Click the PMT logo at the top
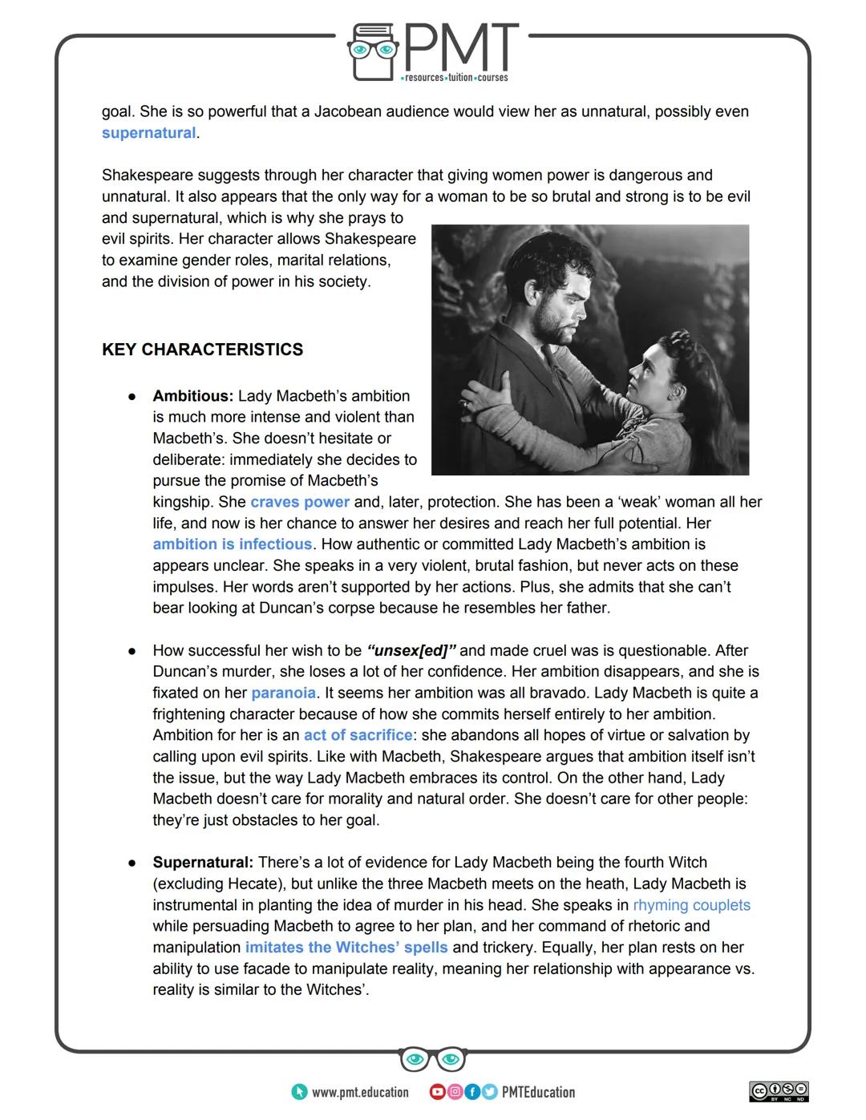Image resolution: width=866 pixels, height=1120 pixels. coord(433,53)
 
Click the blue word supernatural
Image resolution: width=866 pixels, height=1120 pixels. coord(148,133)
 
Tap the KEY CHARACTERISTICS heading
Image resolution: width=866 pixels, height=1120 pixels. coord(202,350)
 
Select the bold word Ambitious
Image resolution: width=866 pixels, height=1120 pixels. coord(192,396)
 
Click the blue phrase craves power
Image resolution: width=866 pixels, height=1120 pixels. coord(300,502)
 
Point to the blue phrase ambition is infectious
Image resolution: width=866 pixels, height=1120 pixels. coord(232,544)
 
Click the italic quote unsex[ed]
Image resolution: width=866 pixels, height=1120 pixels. coord(411,650)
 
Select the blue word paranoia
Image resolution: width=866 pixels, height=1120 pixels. coord(284,693)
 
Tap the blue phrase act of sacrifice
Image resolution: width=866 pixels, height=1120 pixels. coord(358,735)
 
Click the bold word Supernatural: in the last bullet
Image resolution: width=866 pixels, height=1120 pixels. coord(203,863)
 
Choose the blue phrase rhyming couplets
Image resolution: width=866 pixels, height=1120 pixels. coord(691,905)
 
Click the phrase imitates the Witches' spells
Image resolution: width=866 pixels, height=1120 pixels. coord(346,948)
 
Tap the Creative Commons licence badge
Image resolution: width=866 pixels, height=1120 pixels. coord(779,1091)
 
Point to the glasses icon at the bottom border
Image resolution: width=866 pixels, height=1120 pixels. coord(433,1059)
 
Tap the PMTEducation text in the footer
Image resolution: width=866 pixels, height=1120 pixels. coord(538,1092)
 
